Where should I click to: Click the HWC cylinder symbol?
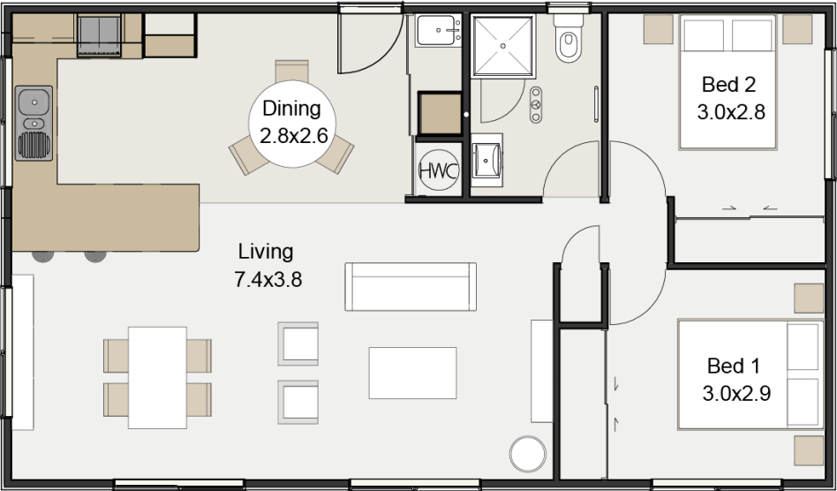pyautogui.click(x=439, y=171)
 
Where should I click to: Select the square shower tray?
pyautogui.click(x=503, y=47)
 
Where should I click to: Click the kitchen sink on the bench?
pyautogui.click(x=34, y=124)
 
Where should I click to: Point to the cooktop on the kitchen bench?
pyautogui.click(x=99, y=35)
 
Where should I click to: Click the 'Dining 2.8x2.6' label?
pyautogui.click(x=292, y=122)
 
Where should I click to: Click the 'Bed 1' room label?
pyautogui.click(x=733, y=366)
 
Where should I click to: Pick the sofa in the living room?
pyautogui.click(x=411, y=287)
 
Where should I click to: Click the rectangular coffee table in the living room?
pyautogui.click(x=412, y=373)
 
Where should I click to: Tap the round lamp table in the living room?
pyautogui.click(x=528, y=454)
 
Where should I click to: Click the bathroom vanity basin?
pyautogui.click(x=486, y=160)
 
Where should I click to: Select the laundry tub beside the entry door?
pyautogui.click(x=438, y=30)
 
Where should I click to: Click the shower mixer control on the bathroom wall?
pyautogui.click(x=536, y=104)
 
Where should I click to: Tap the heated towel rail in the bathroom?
pyautogui.click(x=596, y=104)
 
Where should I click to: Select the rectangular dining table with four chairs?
pyautogui.click(x=157, y=377)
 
